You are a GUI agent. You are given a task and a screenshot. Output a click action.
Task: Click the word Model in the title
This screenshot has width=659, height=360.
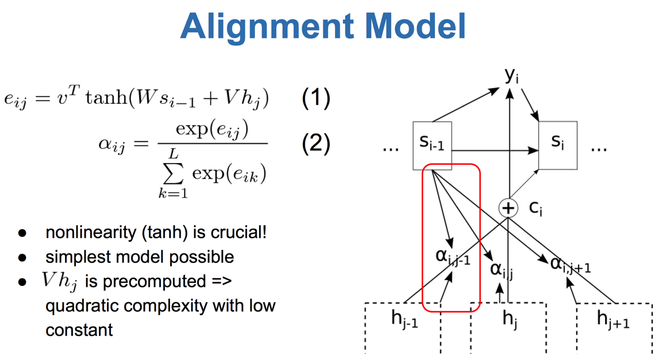point(416,26)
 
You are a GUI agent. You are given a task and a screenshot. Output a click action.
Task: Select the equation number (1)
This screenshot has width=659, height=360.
point(316,98)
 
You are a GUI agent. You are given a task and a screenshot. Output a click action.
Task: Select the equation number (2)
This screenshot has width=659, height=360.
point(316,144)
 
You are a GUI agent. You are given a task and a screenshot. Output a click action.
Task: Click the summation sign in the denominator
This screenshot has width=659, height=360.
point(174,173)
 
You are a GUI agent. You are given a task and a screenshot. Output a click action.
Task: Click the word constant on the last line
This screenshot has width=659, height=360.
point(79,330)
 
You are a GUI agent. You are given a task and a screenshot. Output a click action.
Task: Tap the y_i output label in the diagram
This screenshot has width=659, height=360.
point(511,76)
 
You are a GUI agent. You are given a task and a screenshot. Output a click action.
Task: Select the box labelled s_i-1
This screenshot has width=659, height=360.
point(432,146)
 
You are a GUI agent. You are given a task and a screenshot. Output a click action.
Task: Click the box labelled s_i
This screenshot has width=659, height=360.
point(558,145)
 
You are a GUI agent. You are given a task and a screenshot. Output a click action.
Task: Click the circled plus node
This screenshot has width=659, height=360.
point(508,208)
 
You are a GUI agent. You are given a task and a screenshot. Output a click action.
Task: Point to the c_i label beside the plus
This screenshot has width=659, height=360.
point(535,208)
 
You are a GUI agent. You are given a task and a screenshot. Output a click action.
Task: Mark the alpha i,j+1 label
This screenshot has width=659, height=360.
point(571,265)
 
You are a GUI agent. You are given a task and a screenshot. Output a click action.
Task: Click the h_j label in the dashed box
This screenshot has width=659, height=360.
point(510,320)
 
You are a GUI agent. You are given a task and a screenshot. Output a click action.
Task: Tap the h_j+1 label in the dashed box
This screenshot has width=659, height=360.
point(613,319)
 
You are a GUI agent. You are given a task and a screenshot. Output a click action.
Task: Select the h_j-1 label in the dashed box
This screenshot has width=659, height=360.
point(404,319)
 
